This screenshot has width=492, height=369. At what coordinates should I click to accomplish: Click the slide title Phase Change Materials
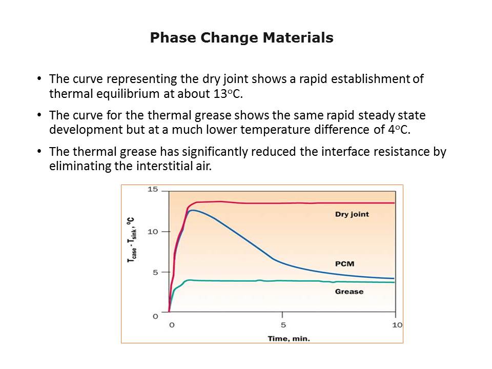pyautogui.click(x=241, y=38)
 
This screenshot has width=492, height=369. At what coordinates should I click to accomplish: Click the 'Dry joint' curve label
pyautogui.click(x=352, y=214)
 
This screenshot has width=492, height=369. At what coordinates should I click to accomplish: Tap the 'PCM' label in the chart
pyautogui.click(x=344, y=264)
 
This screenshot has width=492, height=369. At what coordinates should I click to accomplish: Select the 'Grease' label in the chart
pyautogui.click(x=349, y=292)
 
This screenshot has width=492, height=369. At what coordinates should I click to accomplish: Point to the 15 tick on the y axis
pyautogui.click(x=152, y=190)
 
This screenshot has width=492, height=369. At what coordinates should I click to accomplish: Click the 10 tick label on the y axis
pyautogui.click(x=152, y=232)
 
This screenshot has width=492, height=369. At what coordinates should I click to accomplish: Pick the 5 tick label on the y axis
pyautogui.click(x=155, y=272)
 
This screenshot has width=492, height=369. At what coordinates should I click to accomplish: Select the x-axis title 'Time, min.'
pyautogui.click(x=289, y=338)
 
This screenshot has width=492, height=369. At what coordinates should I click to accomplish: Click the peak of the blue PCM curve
pyautogui.click(x=192, y=210)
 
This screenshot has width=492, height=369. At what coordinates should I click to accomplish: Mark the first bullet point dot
pyautogui.click(x=39, y=79)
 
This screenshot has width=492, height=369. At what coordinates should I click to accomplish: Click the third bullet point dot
pyautogui.click(x=39, y=152)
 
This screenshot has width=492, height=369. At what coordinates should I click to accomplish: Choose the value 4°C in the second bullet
pyautogui.click(x=400, y=130)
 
